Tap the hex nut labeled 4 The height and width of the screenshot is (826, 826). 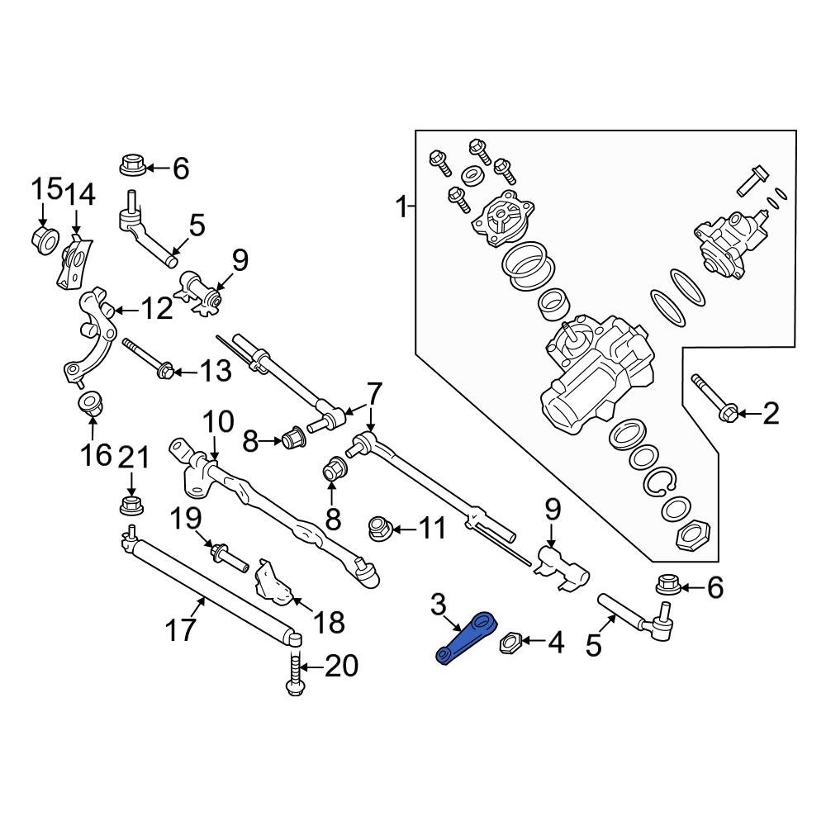click(510, 642)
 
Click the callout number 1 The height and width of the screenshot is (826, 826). click(401, 206)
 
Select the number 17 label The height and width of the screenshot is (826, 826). click(182, 629)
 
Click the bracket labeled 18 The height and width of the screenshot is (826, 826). click(273, 583)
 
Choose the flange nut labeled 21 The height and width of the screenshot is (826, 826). click(129, 505)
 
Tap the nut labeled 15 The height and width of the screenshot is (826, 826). click(44, 240)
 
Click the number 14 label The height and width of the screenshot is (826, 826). click(81, 196)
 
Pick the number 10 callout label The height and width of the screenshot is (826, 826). click(219, 424)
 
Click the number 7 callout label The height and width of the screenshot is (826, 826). click(373, 392)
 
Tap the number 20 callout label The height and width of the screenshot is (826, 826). click(340, 666)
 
